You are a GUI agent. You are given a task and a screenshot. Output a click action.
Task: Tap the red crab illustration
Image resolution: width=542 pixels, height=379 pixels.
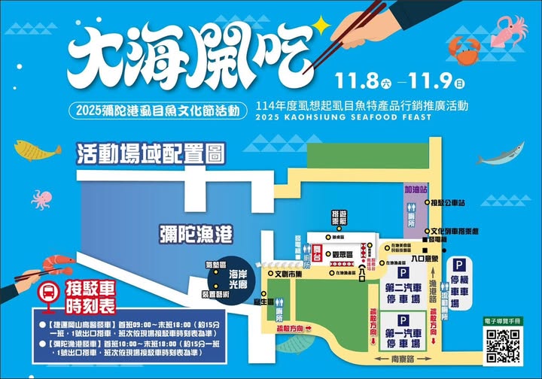point(464,49)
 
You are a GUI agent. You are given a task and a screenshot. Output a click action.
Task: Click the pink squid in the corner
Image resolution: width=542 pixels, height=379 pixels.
point(513,30)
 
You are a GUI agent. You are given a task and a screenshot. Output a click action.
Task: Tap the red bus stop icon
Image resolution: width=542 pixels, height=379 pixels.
point(47,291)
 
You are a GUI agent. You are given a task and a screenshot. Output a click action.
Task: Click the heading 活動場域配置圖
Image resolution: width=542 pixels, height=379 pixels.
point(151,155)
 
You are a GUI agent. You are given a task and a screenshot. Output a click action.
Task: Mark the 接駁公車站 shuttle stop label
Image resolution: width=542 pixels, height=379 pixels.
point(451,203)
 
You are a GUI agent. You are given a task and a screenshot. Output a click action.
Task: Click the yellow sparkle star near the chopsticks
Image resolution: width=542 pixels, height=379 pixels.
point(323,26)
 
